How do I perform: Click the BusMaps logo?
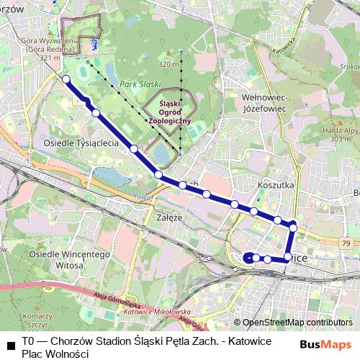tap(326, 345)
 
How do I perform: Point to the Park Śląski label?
tap(140, 84)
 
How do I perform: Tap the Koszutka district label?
tap(276, 185)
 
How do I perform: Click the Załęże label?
tap(171, 216)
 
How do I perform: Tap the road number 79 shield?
tap(347, 245)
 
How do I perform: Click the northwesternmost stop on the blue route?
tap(66, 79)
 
